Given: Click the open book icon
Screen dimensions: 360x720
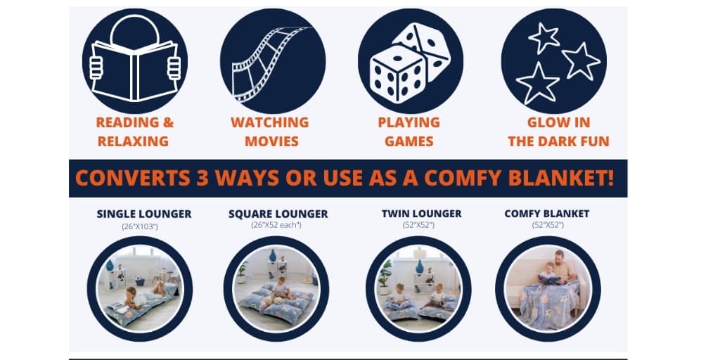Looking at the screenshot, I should (134, 61).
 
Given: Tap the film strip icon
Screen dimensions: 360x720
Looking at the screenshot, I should (273, 61).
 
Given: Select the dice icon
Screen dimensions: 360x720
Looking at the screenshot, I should (410, 61).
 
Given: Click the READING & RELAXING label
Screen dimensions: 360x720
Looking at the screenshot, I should (134, 131).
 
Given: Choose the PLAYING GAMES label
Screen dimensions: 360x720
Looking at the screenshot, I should (409, 131).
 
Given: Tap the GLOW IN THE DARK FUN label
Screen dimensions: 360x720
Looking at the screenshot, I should (558, 131).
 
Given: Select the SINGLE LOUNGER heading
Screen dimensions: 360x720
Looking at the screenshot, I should (144, 214).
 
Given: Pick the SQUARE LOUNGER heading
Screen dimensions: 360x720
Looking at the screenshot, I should (278, 214).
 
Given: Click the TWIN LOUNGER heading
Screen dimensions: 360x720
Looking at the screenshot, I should (421, 213).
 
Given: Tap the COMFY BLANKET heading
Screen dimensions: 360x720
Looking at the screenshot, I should (547, 213).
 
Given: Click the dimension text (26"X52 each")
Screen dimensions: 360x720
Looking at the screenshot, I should (276, 225).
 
